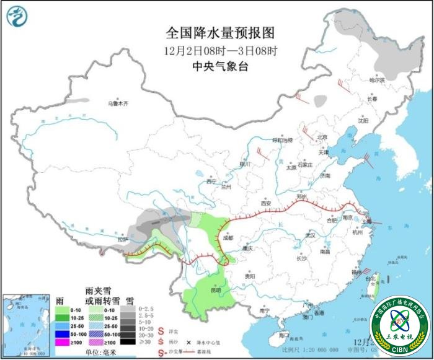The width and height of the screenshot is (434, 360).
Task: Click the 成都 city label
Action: pos(228,237)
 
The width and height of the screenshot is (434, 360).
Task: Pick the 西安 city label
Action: pos(266,203)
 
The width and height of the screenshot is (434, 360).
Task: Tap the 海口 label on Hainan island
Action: pos(285,335)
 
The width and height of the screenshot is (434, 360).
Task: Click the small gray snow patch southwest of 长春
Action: pos(321,100)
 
